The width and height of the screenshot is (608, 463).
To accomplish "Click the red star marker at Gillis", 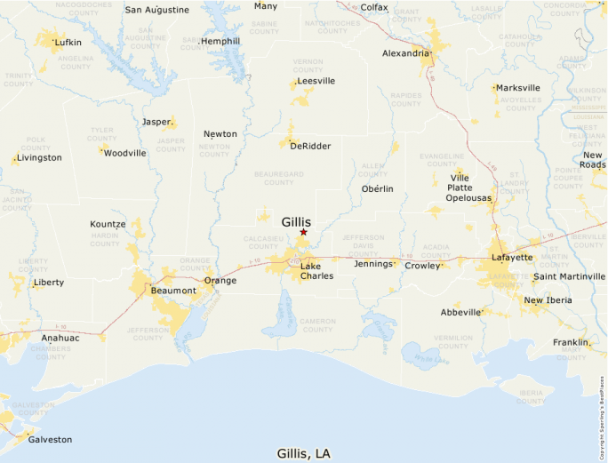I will pos(303,232).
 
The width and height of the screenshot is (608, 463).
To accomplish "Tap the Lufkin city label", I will pos(68,42).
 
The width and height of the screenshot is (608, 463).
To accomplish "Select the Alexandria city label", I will pos(405,53).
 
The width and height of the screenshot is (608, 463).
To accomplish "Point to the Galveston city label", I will pos(50,439).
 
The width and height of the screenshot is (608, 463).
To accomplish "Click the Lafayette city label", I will pos(512,258).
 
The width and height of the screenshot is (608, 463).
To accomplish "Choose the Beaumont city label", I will pos(173,291).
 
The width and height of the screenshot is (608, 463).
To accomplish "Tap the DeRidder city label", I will pos(310,146).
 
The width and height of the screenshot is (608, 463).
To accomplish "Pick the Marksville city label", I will pos(518,88).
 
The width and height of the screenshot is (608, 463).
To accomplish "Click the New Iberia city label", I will pos(548,300).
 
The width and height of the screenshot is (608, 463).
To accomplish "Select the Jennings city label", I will pos(372,264).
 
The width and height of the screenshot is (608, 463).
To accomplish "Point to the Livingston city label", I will pos(40,157).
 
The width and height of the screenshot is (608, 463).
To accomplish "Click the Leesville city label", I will pos(316,80).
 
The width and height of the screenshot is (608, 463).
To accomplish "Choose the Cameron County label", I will pos(317,324).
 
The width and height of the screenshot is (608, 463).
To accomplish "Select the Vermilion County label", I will pos(453,342).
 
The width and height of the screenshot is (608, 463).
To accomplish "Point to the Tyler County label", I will pos(102,134).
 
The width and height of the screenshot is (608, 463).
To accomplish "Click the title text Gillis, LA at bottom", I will pos(304,453).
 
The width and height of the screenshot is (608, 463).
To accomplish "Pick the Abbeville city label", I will pos(460,312).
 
